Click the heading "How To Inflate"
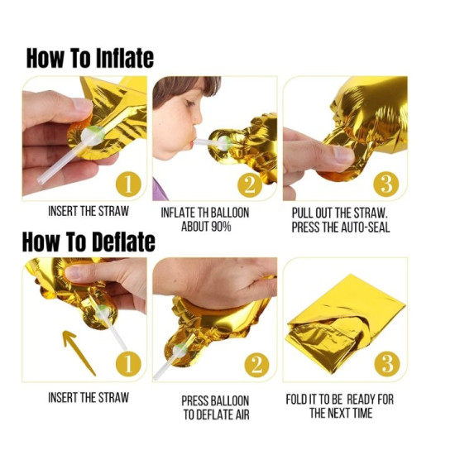89,59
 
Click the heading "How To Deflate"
89,242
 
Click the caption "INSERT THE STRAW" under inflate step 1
88,211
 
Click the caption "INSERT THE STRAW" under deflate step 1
88,397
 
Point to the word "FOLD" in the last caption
303,399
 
